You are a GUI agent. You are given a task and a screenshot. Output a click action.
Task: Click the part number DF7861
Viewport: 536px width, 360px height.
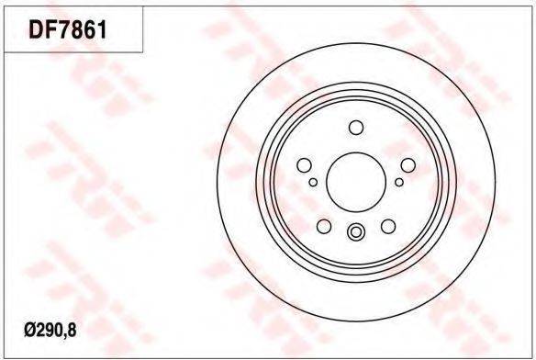(68, 29)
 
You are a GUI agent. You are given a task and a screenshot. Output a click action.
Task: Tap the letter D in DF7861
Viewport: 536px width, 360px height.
(37, 29)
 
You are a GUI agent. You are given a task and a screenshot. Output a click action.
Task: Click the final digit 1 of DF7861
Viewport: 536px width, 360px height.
(103, 29)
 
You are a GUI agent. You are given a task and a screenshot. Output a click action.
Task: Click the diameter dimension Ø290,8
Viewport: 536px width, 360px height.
(50, 331)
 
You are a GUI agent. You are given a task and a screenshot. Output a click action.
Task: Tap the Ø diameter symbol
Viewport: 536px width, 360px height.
(28, 331)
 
